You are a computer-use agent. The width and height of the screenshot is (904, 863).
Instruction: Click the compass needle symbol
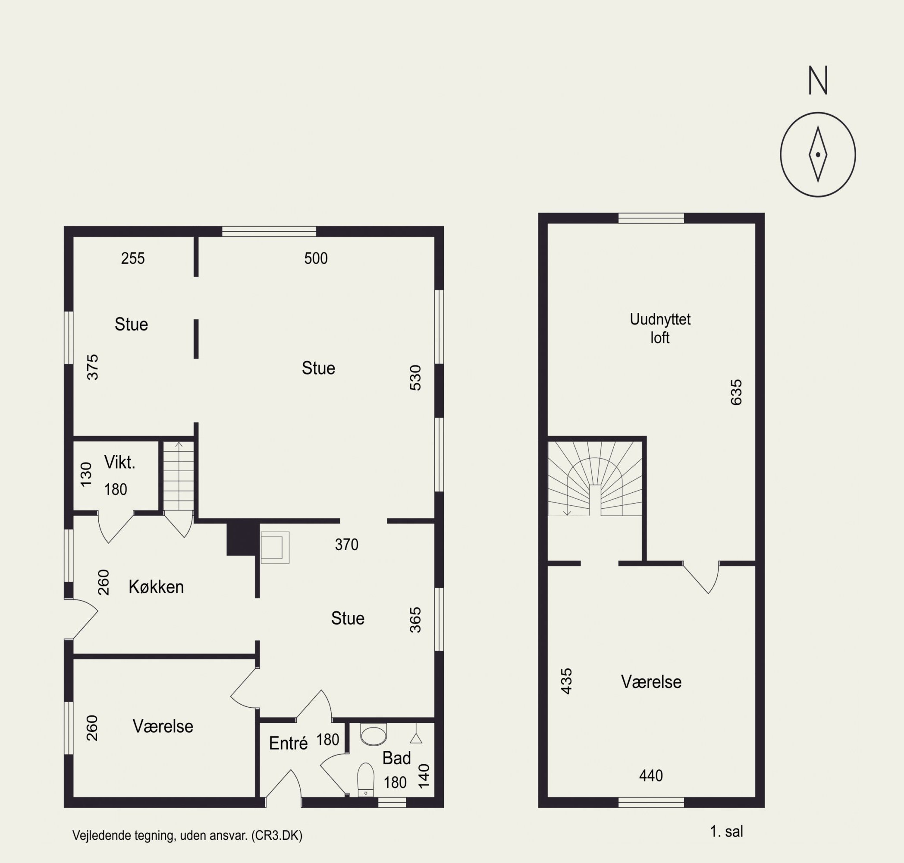click(818, 154)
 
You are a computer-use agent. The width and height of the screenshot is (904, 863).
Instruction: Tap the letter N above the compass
click(818, 80)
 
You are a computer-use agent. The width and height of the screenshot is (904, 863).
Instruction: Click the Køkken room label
click(156, 587)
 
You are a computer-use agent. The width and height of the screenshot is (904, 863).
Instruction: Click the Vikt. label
click(119, 462)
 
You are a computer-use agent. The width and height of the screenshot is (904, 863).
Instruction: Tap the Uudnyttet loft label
click(660, 328)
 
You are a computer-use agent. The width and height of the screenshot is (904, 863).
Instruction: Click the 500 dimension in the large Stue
click(316, 258)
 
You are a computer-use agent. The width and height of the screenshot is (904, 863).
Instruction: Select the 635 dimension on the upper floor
click(736, 392)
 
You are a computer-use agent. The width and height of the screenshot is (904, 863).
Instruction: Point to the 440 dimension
click(651, 776)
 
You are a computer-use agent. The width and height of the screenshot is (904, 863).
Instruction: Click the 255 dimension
click(133, 258)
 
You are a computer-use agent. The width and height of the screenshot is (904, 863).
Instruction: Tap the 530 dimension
click(415, 378)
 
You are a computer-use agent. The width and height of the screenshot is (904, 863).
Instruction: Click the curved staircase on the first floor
click(595, 479)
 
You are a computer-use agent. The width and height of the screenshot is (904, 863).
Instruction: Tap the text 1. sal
click(726, 831)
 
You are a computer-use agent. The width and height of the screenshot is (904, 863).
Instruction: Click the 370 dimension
click(347, 545)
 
